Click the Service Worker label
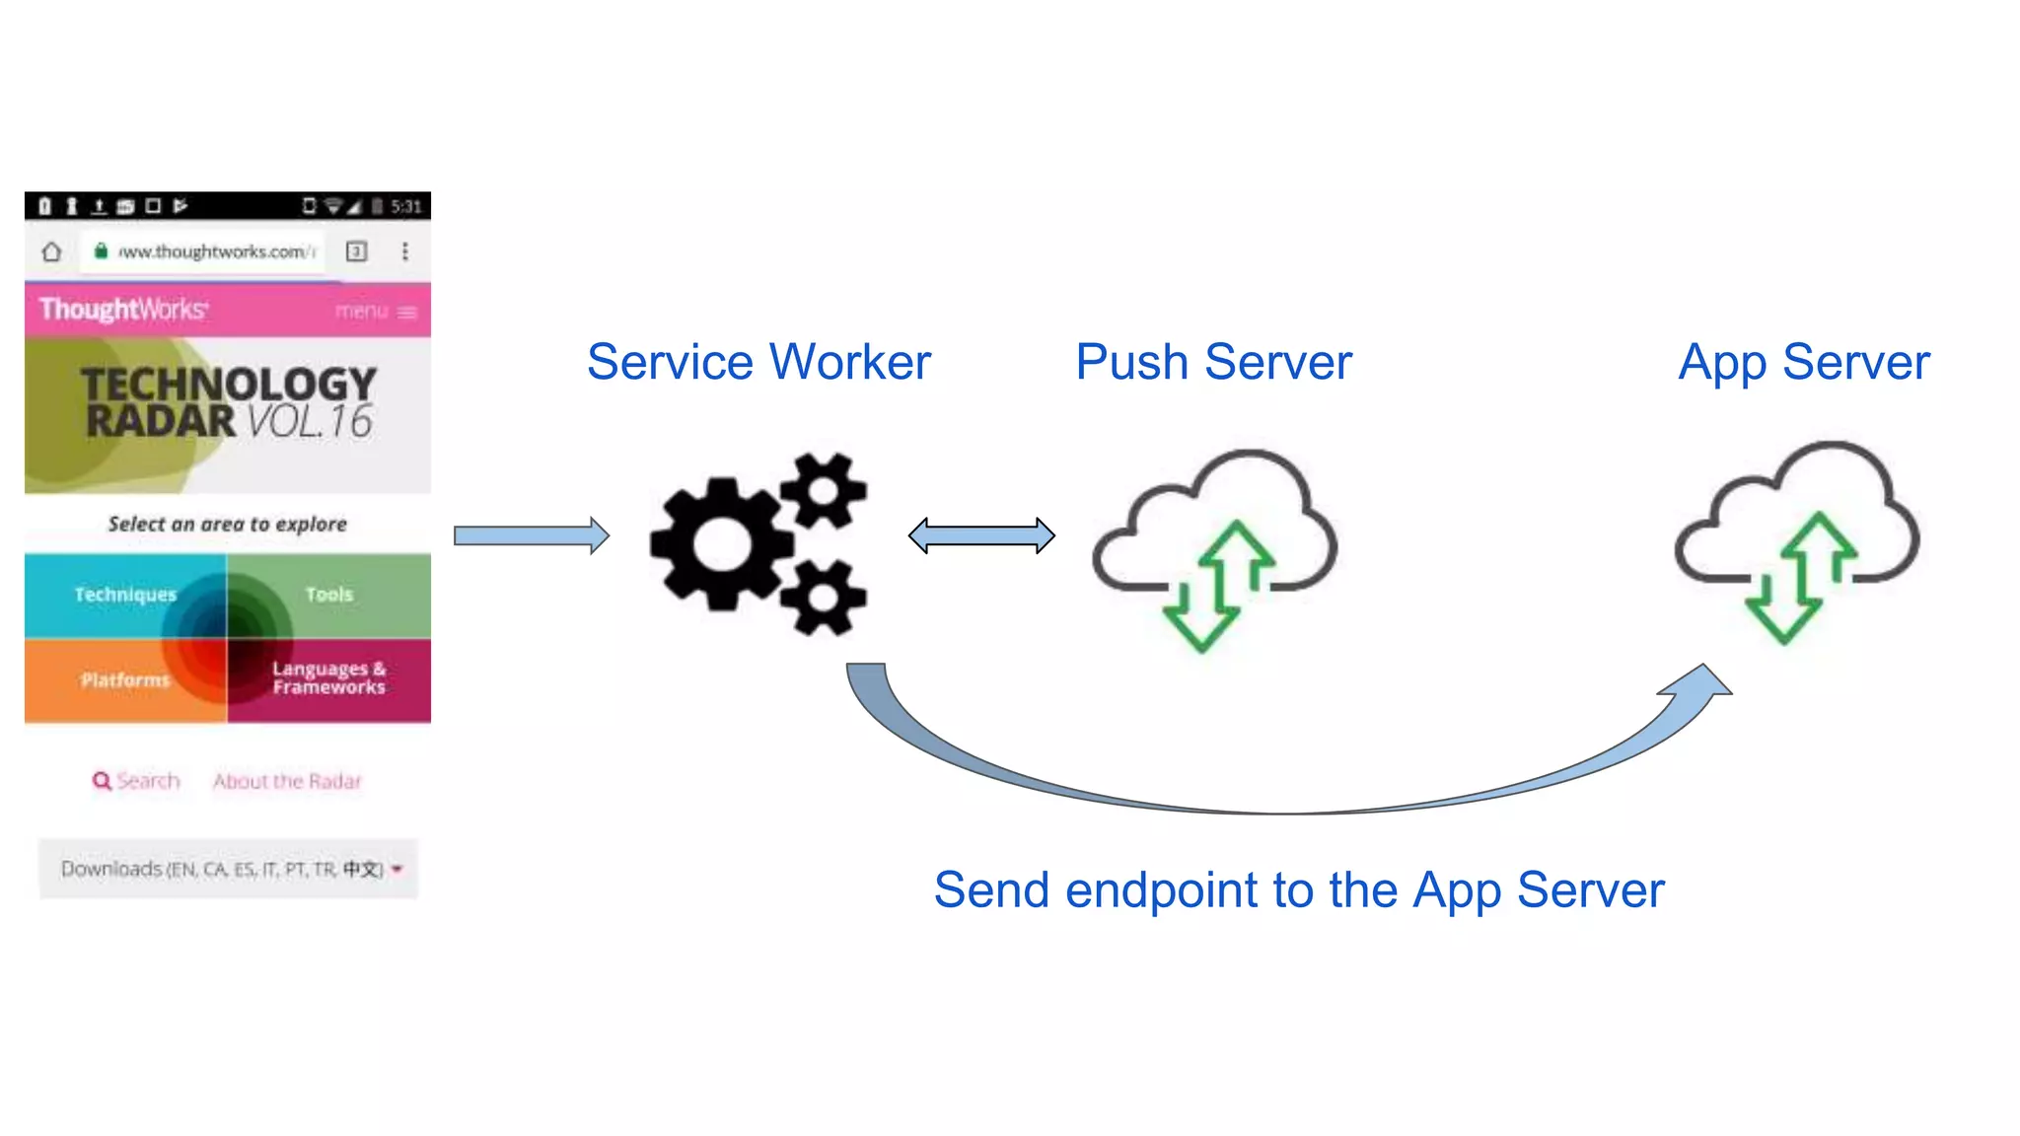coord(758,362)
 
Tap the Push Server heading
coord(1213,362)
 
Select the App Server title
coord(1804,362)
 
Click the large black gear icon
coord(722,543)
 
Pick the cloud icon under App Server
coord(1797,537)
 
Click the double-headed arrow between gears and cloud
coord(981,535)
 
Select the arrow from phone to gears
coord(532,535)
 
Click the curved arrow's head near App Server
coord(1698,682)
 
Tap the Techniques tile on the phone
coord(125,595)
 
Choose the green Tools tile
coord(329,595)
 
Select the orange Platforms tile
coord(125,680)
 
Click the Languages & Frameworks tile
coord(329,678)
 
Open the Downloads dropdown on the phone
coord(229,869)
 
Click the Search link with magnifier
coord(136,781)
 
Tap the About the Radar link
coord(287,781)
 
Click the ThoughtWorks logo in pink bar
coord(123,310)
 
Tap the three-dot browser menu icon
coord(405,251)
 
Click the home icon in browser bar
coord(51,251)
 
